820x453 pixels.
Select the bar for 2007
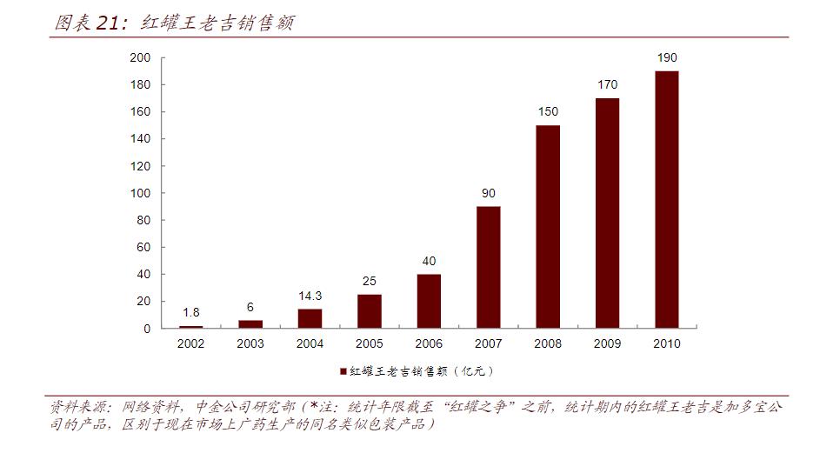(488, 267)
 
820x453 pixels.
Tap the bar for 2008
(548, 227)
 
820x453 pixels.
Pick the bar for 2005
(369, 311)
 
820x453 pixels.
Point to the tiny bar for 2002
(190, 327)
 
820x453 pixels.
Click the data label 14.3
(310, 296)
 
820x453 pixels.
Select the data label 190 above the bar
(666, 58)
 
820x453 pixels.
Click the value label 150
(548, 112)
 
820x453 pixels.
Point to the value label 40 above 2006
(429, 261)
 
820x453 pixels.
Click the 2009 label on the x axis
(607, 343)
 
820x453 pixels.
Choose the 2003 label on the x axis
(250, 343)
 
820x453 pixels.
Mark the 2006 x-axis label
(429, 343)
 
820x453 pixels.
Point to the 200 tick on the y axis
(142, 58)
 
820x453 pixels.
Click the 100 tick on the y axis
(142, 193)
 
